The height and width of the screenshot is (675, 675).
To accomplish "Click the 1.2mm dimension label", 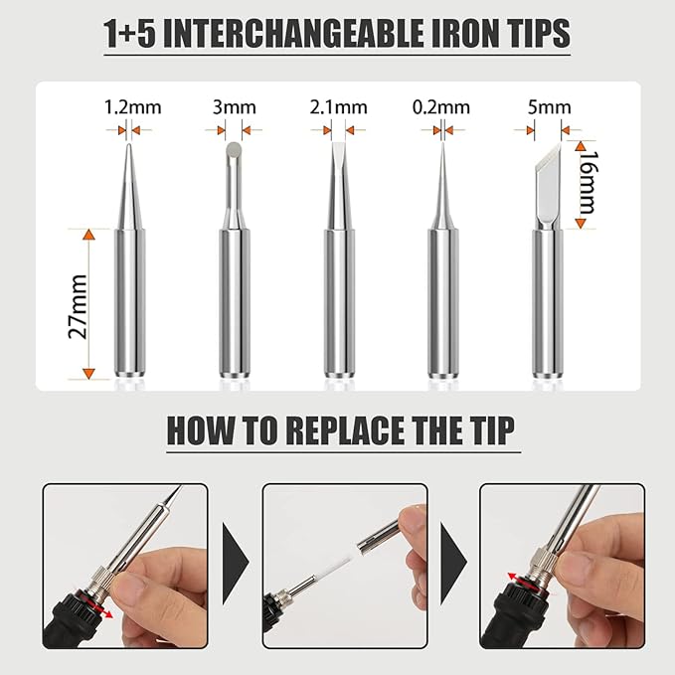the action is click(132, 107).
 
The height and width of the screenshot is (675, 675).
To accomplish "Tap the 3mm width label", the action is click(235, 107).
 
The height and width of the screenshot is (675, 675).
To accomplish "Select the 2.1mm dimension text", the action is click(338, 107).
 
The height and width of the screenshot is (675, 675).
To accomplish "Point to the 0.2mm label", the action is click(440, 107).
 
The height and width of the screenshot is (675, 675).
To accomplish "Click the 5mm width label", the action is click(550, 107).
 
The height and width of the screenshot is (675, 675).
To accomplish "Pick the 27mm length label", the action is click(79, 306).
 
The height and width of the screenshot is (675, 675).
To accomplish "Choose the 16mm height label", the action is click(588, 182).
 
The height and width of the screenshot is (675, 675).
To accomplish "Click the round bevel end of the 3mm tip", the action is click(235, 149).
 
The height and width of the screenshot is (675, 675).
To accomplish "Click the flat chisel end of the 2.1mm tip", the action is click(339, 146).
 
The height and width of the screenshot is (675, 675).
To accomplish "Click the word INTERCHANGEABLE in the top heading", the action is click(294, 34).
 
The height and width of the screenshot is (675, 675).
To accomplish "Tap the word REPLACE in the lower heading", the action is click(345, 430).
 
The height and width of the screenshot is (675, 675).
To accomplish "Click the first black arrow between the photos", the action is click(235, 564).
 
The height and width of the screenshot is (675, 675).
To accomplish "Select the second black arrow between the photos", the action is click(453, 564).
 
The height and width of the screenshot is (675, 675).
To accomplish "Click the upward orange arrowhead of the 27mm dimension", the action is click(88, 235).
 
